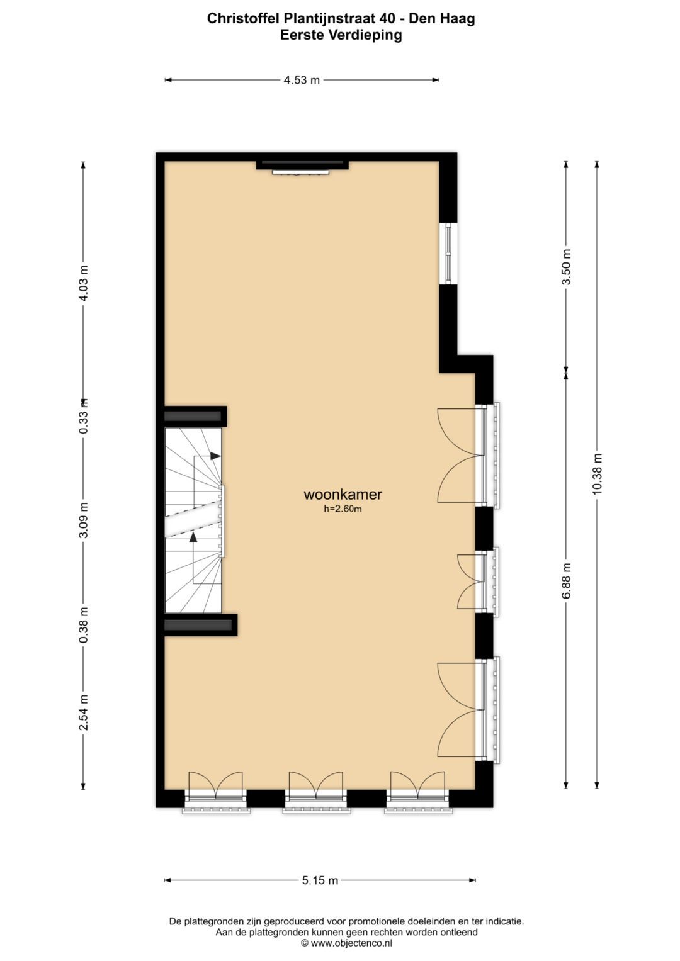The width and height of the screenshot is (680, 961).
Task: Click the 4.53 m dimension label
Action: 302,80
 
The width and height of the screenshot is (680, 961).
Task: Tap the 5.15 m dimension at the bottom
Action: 320,880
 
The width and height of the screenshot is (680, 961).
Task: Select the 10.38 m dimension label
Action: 597,474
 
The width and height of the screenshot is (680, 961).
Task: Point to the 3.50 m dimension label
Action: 567,267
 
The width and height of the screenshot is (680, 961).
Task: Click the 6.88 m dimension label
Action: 567,580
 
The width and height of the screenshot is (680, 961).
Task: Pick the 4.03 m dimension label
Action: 83,283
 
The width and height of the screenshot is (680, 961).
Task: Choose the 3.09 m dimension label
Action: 83,520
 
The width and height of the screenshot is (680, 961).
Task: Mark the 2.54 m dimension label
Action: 83,712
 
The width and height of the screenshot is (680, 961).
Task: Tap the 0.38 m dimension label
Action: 83,625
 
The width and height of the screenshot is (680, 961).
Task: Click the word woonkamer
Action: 343,495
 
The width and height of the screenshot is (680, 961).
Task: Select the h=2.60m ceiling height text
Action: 343,509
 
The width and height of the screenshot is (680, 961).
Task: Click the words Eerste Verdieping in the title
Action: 341,35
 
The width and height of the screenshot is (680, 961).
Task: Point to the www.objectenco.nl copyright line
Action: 346,943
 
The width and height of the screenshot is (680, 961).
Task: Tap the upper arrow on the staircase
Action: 215,455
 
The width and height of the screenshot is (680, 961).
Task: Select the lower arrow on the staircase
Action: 193,537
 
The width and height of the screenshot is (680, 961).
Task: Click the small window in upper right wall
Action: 448,254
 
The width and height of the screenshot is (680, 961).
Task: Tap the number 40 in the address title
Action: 388,19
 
